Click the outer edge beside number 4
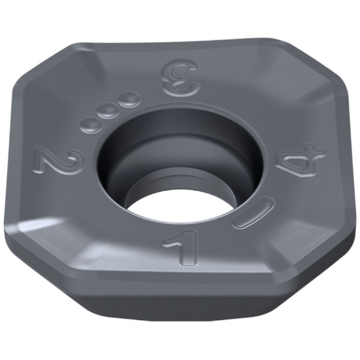[x=345, y=170]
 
